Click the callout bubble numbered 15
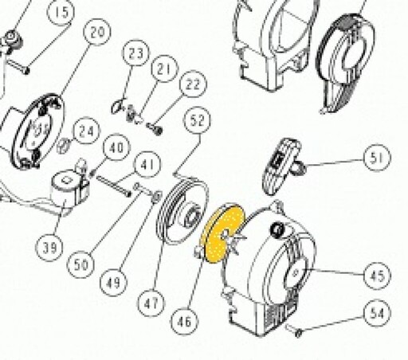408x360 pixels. click(x=61, y=12)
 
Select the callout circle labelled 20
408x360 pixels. click(x=97, y=32)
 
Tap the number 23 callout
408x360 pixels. click(x=135, y=53)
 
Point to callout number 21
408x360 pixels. click(x=164, y=68)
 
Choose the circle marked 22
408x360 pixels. click(x=193, y=84)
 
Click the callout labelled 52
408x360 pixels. click(x=198, y=120)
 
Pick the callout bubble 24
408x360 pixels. click(x=87, y=131)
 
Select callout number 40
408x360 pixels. click(x=117, y=147)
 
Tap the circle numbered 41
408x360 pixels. click(x=147, y=165)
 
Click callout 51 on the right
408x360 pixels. click(x=377, y=158)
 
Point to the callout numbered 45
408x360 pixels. click(x=377, y=276)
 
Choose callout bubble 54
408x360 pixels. click(x=377, y=313)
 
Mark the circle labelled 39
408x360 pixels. click(x=49, y=248)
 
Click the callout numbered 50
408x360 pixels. click(x=80, y=264)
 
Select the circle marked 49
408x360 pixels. click(x=114, y=283)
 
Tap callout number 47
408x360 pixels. click(x=151, y=303)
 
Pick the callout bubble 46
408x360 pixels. click(x=184, y=321)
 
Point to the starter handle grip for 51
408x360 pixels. click(x=280, y=166)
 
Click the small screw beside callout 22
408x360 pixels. click(x=155, y=129)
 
